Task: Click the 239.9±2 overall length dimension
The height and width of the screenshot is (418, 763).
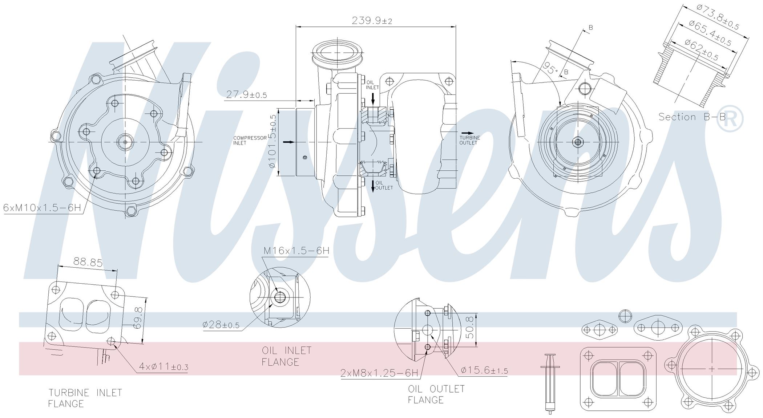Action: click(372, 20)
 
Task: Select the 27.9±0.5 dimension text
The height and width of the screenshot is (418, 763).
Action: click(246, 95)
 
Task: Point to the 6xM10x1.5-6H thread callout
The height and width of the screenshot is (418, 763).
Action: click(42, 208)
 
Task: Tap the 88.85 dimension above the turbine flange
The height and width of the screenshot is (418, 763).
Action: click(88, 262)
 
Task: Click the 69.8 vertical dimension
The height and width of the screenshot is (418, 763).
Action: click(137, 318)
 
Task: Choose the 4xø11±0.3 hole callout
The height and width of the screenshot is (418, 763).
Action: click(163, 367)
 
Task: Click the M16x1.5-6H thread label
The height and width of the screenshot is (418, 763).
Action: click(296, 251)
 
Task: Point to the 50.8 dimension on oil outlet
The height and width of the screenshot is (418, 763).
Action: click(470, 328)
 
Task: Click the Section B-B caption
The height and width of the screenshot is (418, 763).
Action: click(692, 117)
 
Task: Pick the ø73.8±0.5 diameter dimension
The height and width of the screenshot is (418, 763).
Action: click(718, 17)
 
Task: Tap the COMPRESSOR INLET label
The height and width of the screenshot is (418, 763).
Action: click(250, 141)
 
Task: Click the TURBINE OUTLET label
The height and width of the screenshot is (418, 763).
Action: click(470, 140)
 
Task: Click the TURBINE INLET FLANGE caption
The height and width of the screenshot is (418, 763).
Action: click(85, 398)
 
